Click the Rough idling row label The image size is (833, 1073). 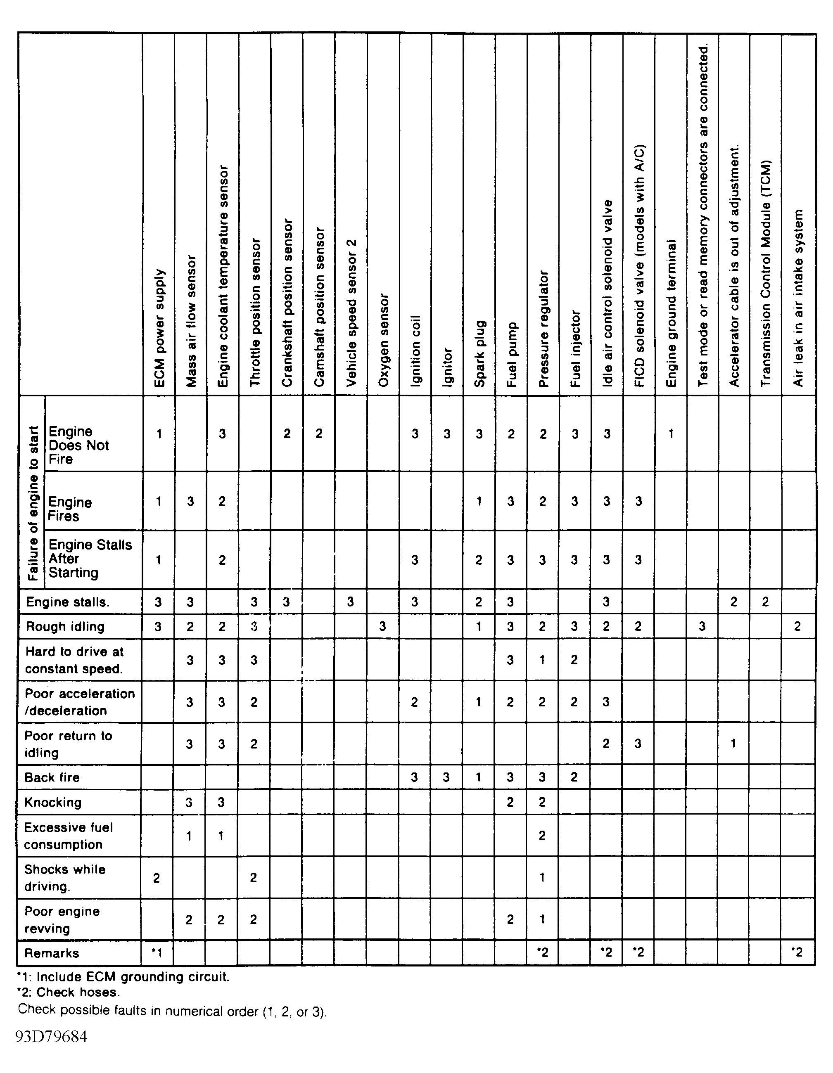click(65, 626)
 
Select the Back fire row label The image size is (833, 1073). click(52, 777)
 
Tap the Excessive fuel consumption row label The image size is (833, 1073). click(68, 836)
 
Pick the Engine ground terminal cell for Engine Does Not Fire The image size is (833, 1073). click(671, 433)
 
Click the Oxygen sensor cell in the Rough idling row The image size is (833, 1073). click(382, 626)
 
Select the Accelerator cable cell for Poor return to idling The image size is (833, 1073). click(733, 743)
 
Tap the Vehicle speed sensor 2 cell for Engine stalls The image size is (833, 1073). click(350, 602)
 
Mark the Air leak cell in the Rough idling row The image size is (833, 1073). click(797, 626)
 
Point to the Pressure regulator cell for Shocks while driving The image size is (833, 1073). click(542, 877)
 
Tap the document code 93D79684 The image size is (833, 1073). click(52, 1037)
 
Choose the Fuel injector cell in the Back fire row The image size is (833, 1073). click(574, 777)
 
